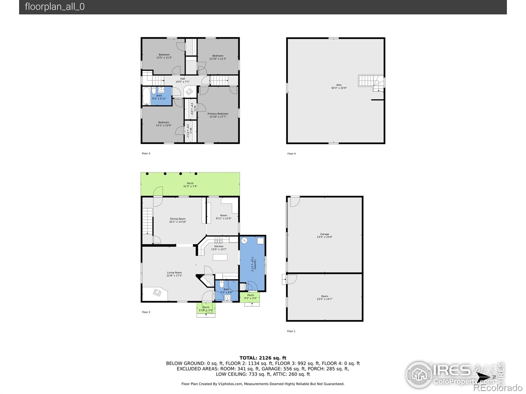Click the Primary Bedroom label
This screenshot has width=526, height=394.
tap(218, 115)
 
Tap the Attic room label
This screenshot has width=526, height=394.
tap(339, 86)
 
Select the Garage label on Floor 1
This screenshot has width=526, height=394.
tap(324, 235)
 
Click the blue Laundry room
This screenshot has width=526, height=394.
tap(252, 263)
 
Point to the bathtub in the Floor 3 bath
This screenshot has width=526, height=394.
tap(146, 96)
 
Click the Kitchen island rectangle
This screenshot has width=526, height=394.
tap(220, 257)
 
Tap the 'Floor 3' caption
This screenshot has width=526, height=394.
tap(146, 153)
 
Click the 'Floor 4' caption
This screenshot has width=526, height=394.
tap(291, 154)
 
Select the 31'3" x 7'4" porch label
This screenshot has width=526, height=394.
tap(190, 185)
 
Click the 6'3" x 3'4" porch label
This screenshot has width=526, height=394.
tap(251, 296)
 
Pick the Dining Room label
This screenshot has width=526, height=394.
tap(178, 220)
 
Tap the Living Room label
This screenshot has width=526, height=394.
tap(174, 274)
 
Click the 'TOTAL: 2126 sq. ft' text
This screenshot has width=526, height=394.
tap(263, 358)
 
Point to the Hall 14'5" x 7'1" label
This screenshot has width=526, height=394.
tap(182, 80)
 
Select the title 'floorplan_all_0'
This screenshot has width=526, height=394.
tap(55, 7)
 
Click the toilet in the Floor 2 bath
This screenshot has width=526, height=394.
tap(222, 284)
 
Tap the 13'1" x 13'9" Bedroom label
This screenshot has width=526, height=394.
tap(164, 124)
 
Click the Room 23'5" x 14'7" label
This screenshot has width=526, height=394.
tap(324, 297)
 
